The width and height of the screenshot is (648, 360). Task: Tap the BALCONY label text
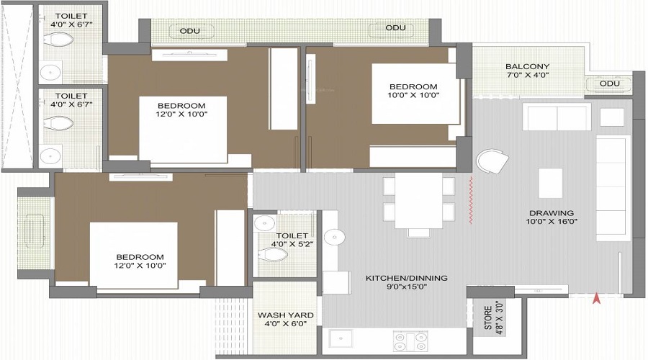pos(527,66)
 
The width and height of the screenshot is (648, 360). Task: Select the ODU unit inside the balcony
pos(609,84)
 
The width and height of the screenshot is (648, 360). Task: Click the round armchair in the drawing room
pos(492,162)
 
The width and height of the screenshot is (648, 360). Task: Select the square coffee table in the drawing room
pos(551,183)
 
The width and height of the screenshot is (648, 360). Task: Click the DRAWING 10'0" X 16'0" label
pos(552,217)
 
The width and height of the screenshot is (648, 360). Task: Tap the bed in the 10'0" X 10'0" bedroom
pos(415,94)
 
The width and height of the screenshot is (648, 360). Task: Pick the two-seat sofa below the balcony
pos(556,117)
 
